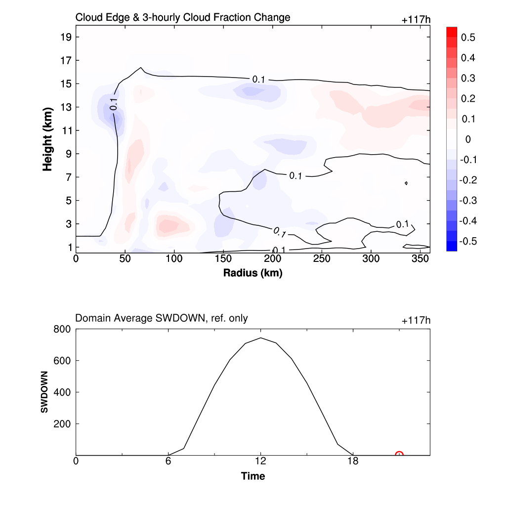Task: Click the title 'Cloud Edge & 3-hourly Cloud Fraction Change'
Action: tap(182, 18)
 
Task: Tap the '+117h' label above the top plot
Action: tap(416, 20)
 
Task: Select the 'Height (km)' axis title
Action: tap(47, 139)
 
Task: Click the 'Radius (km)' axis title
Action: tap(253, 273)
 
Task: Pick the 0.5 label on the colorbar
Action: tap(468, 38)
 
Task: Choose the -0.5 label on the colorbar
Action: tap(467, 241)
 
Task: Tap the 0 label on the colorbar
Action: tap(468, 139)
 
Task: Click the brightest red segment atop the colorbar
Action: tap(452, 32)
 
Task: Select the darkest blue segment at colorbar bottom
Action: tap(452, 246)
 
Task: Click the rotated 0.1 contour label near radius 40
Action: tap(114, 104)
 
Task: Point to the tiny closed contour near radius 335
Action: tap(406, 183)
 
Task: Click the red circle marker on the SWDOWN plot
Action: tap(399, 455)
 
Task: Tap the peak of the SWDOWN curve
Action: tap(260, 338)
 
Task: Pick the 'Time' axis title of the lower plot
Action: tap(253, 476)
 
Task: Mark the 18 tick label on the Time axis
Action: tap(352, 462)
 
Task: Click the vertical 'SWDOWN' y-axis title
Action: tap(44, 392)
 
